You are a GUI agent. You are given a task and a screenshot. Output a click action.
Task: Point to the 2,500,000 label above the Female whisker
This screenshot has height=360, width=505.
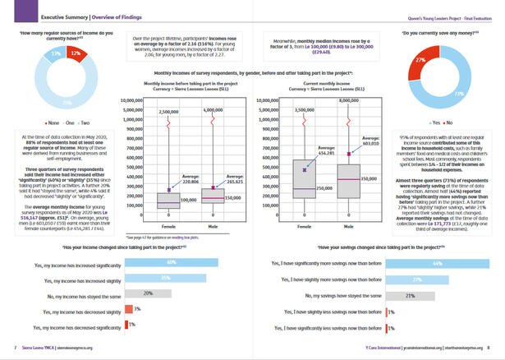[168, 110]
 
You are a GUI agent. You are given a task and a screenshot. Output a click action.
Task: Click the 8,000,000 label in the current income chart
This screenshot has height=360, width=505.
[348, 99]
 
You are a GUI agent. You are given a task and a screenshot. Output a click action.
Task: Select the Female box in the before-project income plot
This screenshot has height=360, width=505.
[168, 199]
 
